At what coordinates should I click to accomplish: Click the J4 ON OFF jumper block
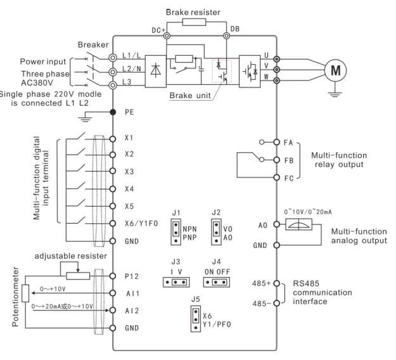click(x=217, y=281)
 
